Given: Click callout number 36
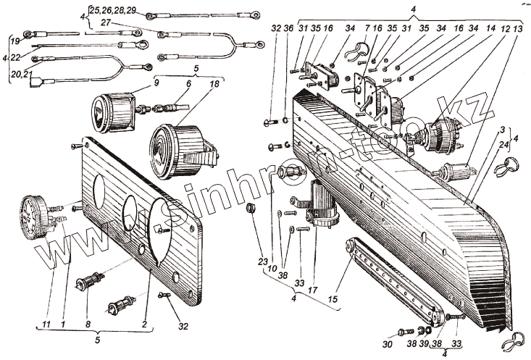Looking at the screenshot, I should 289,29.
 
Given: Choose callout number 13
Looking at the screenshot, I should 518,29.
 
